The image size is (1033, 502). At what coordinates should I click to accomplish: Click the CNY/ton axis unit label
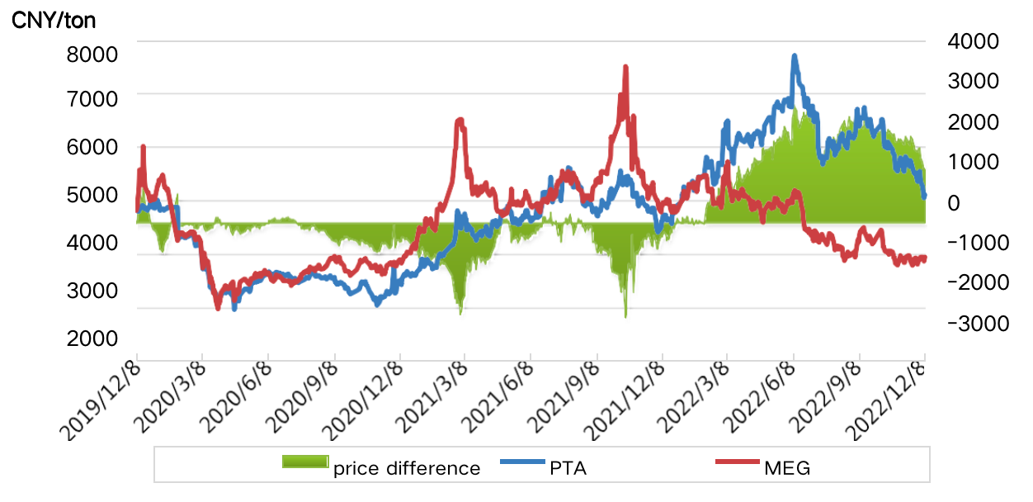(54, 21)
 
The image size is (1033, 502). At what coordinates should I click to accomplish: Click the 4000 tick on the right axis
(975, 40)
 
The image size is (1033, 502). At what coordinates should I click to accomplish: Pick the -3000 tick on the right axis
(979, 323)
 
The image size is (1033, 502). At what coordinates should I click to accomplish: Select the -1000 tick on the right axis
(979, 242)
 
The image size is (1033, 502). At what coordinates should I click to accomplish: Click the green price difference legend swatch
(305, 461)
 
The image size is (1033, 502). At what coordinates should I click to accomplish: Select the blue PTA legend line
(522, 461)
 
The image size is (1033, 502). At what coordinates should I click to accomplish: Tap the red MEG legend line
(737, 461)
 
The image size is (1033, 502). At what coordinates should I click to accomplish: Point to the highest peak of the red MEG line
(625, 68)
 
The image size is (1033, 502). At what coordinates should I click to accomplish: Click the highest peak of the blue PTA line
(795, 57)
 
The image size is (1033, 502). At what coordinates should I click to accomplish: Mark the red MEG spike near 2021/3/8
(460, 121)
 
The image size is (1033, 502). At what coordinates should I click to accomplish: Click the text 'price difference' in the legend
(407, 469)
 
